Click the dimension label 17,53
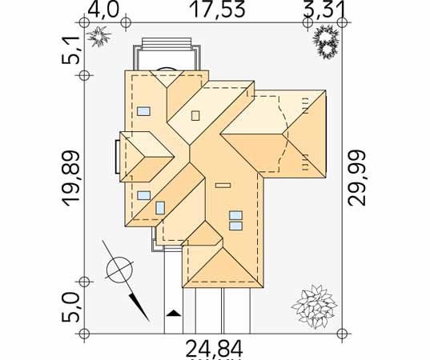pyautogui.click(x=218, y=10)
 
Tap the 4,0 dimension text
pyautogui.click(x=103, y=10)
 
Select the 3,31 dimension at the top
pyautogui.click(x=323, y=10)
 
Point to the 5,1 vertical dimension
pyautogui.click(x=70, y=52)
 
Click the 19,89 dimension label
pyautogui.click(x=70, y=178)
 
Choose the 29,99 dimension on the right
pyautogui.click(x=357, y=178)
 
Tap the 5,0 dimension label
pyautogui.click(x=70, y=307)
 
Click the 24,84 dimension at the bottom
pyautogui.click(x=214, y=349)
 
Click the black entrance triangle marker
pyautogui.click(x=174, y=314)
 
